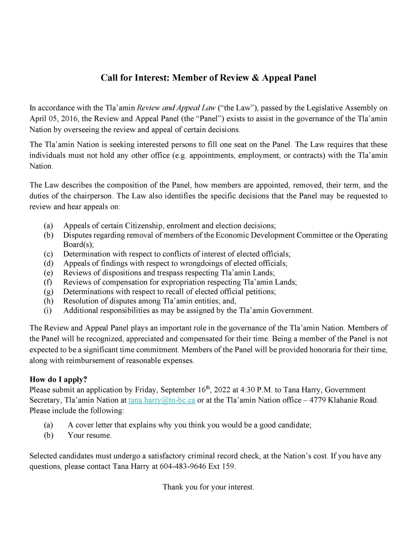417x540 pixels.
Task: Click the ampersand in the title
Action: pyautogui.click(x=255, y=78)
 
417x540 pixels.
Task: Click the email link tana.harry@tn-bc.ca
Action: pyautogui.click(x=162, y=400)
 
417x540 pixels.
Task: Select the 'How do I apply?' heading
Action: pyautogui.click(x=58, y=379)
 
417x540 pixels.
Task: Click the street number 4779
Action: pyautogui.click(x=318, y=400)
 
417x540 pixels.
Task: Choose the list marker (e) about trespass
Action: pyautogui.click(x=49, y=273)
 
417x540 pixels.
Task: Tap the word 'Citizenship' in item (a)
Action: pyautogui.click(x=144, y=226)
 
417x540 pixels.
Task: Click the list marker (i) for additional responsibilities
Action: pyautogui.click(x=48, y=310)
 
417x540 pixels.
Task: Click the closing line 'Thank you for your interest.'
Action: pyautogui.click(x=208, y=487)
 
